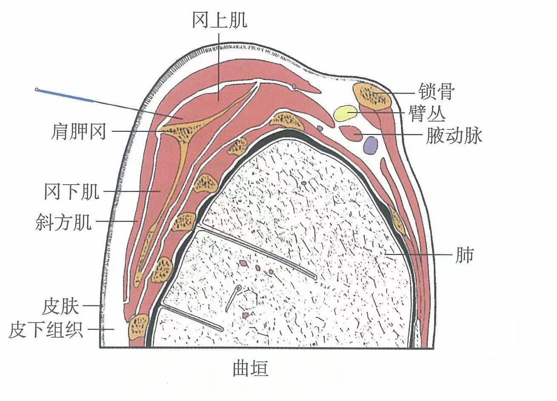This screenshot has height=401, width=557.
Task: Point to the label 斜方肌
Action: [x=63, y=222]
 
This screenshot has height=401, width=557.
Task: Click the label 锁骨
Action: [x=436, y=91]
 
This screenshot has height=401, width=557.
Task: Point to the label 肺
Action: [x=464, y=256]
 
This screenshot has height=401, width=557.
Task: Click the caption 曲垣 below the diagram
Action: [x=251, y=368]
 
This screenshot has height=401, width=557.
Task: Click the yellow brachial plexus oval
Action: [x=345, y=113]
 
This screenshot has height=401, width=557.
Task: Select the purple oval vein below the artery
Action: [x=370, y=145]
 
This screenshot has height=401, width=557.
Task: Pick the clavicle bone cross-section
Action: [x=372, y=96]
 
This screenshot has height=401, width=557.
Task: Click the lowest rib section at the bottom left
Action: [x=139, y=326]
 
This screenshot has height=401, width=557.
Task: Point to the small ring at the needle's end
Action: [x=37, y=90]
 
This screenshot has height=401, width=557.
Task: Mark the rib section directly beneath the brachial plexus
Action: [x=287, y=121]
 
